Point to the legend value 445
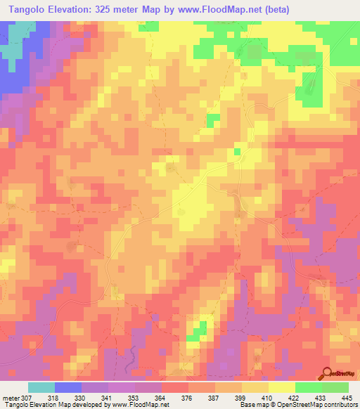point(346,398)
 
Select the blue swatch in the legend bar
point(67,388)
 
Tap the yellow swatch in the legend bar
point(281,388)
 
